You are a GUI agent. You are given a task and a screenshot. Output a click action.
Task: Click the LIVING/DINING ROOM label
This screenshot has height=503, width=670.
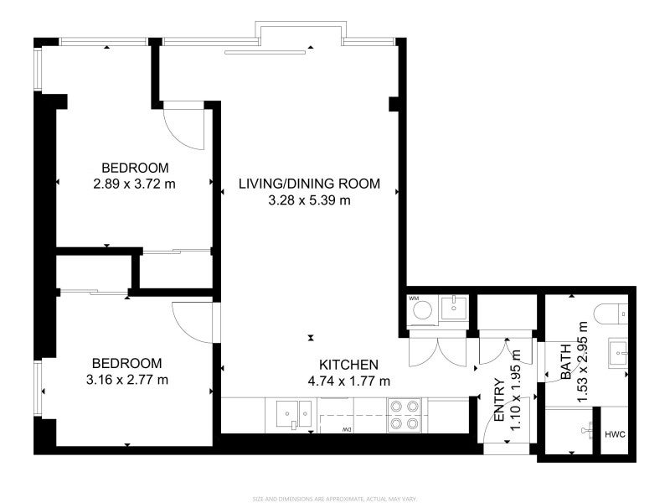pyautogui.click(x=309, y=184)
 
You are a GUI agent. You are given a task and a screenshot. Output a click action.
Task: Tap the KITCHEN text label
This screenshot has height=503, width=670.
pyautogui.click(x=349, y=365)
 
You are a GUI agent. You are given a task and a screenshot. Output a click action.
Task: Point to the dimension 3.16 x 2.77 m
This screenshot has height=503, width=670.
pyautogui.click(x=127, y=380)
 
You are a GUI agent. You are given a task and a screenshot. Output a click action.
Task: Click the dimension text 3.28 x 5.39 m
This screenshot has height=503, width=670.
pyautogui.click(x=309, y=200)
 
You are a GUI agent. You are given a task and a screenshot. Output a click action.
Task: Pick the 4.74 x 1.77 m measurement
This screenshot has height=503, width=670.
pyautogui.click(x=349, y=381)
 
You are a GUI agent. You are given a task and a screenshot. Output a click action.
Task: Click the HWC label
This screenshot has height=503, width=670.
pyautogui.click(x=615, y=434)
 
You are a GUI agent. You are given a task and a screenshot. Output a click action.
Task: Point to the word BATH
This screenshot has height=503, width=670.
pyautogui.click(x=566, y=362)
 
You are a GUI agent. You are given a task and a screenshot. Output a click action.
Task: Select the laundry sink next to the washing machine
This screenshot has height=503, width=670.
pyautogui.click(x=454, y=309)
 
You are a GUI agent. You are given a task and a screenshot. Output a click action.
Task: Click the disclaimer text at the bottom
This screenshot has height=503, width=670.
pyautogui.click(x=334, y=497)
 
